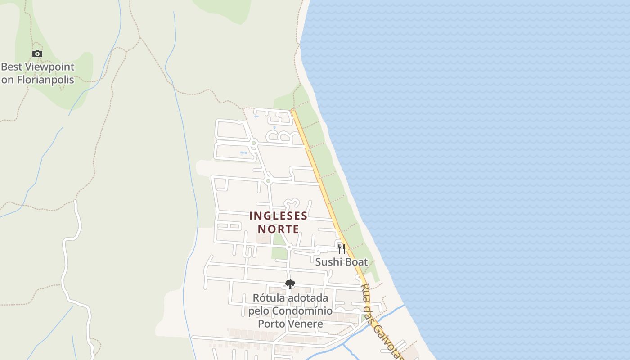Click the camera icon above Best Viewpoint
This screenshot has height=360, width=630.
coord(37,54)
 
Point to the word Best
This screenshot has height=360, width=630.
coord(12,67)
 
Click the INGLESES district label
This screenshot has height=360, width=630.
coord(279,216)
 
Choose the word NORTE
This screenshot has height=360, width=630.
coord(279,229)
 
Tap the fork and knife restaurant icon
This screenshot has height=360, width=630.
coord(342,248)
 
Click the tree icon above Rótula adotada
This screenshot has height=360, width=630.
coord(290,284)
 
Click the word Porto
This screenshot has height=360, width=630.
coord(271,324)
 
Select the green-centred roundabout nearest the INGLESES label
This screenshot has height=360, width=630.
coord(268,181)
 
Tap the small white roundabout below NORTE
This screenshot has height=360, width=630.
coord(289,247)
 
